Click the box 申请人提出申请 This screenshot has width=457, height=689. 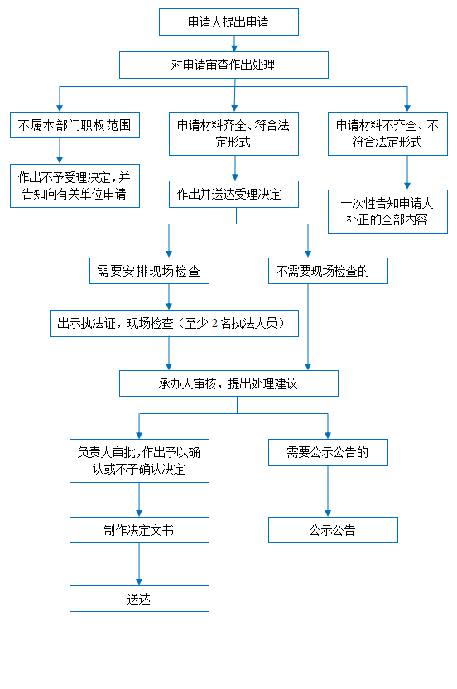[x=228, y=22]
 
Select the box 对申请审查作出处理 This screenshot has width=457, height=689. [x=224, y=65]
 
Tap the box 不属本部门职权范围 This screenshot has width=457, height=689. [x=75, y=125]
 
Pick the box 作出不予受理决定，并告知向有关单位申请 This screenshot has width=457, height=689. [x=75, y=185]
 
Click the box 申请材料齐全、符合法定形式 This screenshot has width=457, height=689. [x=233, y=133]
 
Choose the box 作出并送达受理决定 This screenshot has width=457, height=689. [x=233, y=195]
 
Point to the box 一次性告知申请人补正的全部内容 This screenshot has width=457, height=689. [x=387, y=211]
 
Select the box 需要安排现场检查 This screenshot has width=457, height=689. [x=149, y=271]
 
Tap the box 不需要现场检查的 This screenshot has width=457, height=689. [x=328, y=271]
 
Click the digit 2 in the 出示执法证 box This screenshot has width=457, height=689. [x=214, y=324]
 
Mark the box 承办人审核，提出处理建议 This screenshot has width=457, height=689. [x=229, y=383]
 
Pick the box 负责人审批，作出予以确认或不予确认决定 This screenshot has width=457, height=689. [x=139, y=461]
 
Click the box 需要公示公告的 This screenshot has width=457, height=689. [x=328, y=453]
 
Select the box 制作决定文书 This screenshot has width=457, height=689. [x=139, y=530]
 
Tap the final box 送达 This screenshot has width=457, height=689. [x=139, y=599]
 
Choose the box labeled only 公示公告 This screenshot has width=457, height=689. [x=333, y=530]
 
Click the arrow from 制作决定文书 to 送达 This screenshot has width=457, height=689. [x=139, y=564]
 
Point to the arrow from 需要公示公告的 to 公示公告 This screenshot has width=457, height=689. [x=328, y=491]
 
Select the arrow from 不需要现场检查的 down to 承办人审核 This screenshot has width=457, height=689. [x=308, y=327]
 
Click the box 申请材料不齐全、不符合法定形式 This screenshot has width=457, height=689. [x=387, y=133]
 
